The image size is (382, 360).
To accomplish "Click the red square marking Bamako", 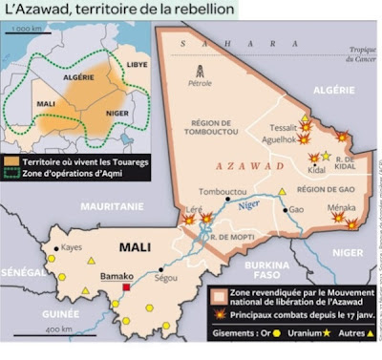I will point(126,286).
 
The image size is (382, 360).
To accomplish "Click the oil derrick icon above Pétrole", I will point(200,71).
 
